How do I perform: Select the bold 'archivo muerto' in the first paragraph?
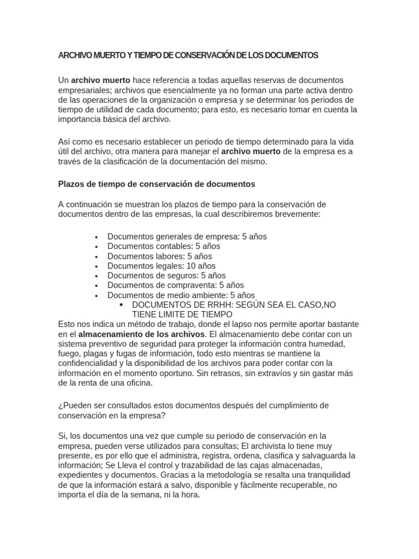click(x=101, y=80)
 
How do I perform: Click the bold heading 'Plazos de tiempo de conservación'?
click(x=156, y=184)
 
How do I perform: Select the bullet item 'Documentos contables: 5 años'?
click(x=164, y=246)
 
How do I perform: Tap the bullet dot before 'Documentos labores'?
click(x=96, y=257)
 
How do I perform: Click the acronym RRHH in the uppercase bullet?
click(x=207, y=305)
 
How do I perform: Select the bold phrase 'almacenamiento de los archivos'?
click(x=142, y=334)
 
